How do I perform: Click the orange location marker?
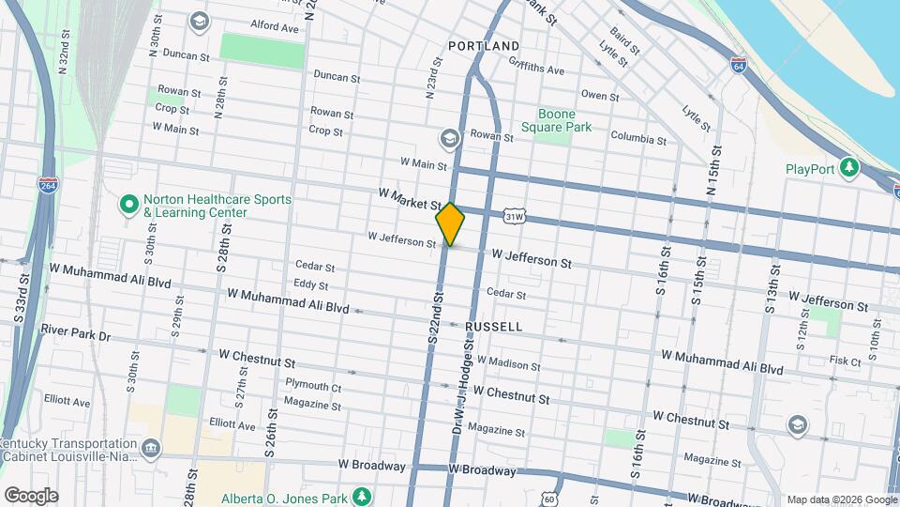450,223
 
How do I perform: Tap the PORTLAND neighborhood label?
484,46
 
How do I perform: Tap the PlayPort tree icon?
849,167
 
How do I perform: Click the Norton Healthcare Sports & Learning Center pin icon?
128,203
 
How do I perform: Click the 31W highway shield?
513,217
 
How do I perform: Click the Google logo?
31,496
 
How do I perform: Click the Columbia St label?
638,140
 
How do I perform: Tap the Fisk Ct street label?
845,360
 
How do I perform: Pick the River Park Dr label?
76,335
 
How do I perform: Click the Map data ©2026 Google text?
841,499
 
